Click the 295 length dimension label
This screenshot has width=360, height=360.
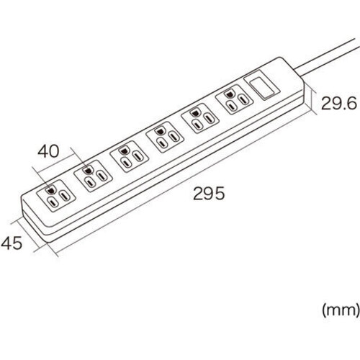click(209, 194)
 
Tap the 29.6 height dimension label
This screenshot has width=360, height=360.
click(339, 103)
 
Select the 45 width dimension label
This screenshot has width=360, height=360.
click(12, 243)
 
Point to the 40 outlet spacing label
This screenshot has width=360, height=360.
click(48, 151)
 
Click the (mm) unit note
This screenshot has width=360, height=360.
click(341, 310)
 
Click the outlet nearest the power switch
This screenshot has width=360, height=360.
click(234, 100)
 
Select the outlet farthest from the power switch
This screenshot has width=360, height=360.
click(56, 196)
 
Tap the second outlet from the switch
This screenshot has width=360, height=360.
click(200, 120)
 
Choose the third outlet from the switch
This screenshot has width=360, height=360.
click(165, 138)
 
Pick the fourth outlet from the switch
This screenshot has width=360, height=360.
click(129, 157)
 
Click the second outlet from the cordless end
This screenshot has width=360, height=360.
click(93, 176)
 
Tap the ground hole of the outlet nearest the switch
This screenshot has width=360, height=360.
click(230, 94)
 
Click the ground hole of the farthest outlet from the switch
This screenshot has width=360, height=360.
click(50, 190)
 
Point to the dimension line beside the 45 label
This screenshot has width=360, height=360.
click(35, 237)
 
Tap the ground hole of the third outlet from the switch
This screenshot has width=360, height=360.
click(159, 131)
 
